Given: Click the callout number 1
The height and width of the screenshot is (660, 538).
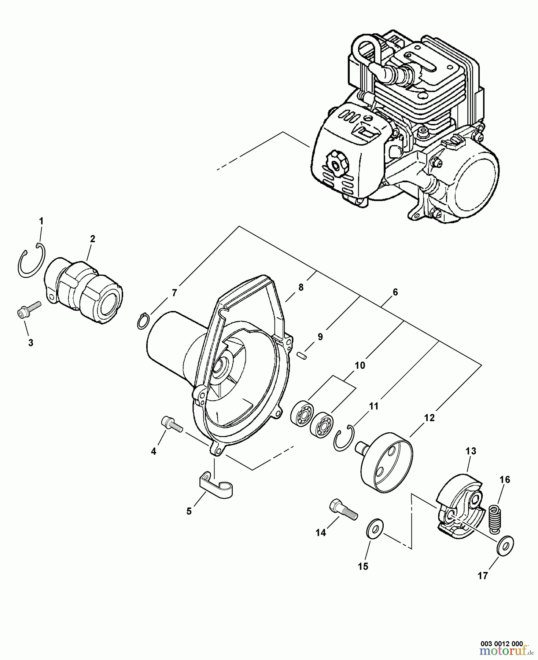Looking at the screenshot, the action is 41,221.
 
